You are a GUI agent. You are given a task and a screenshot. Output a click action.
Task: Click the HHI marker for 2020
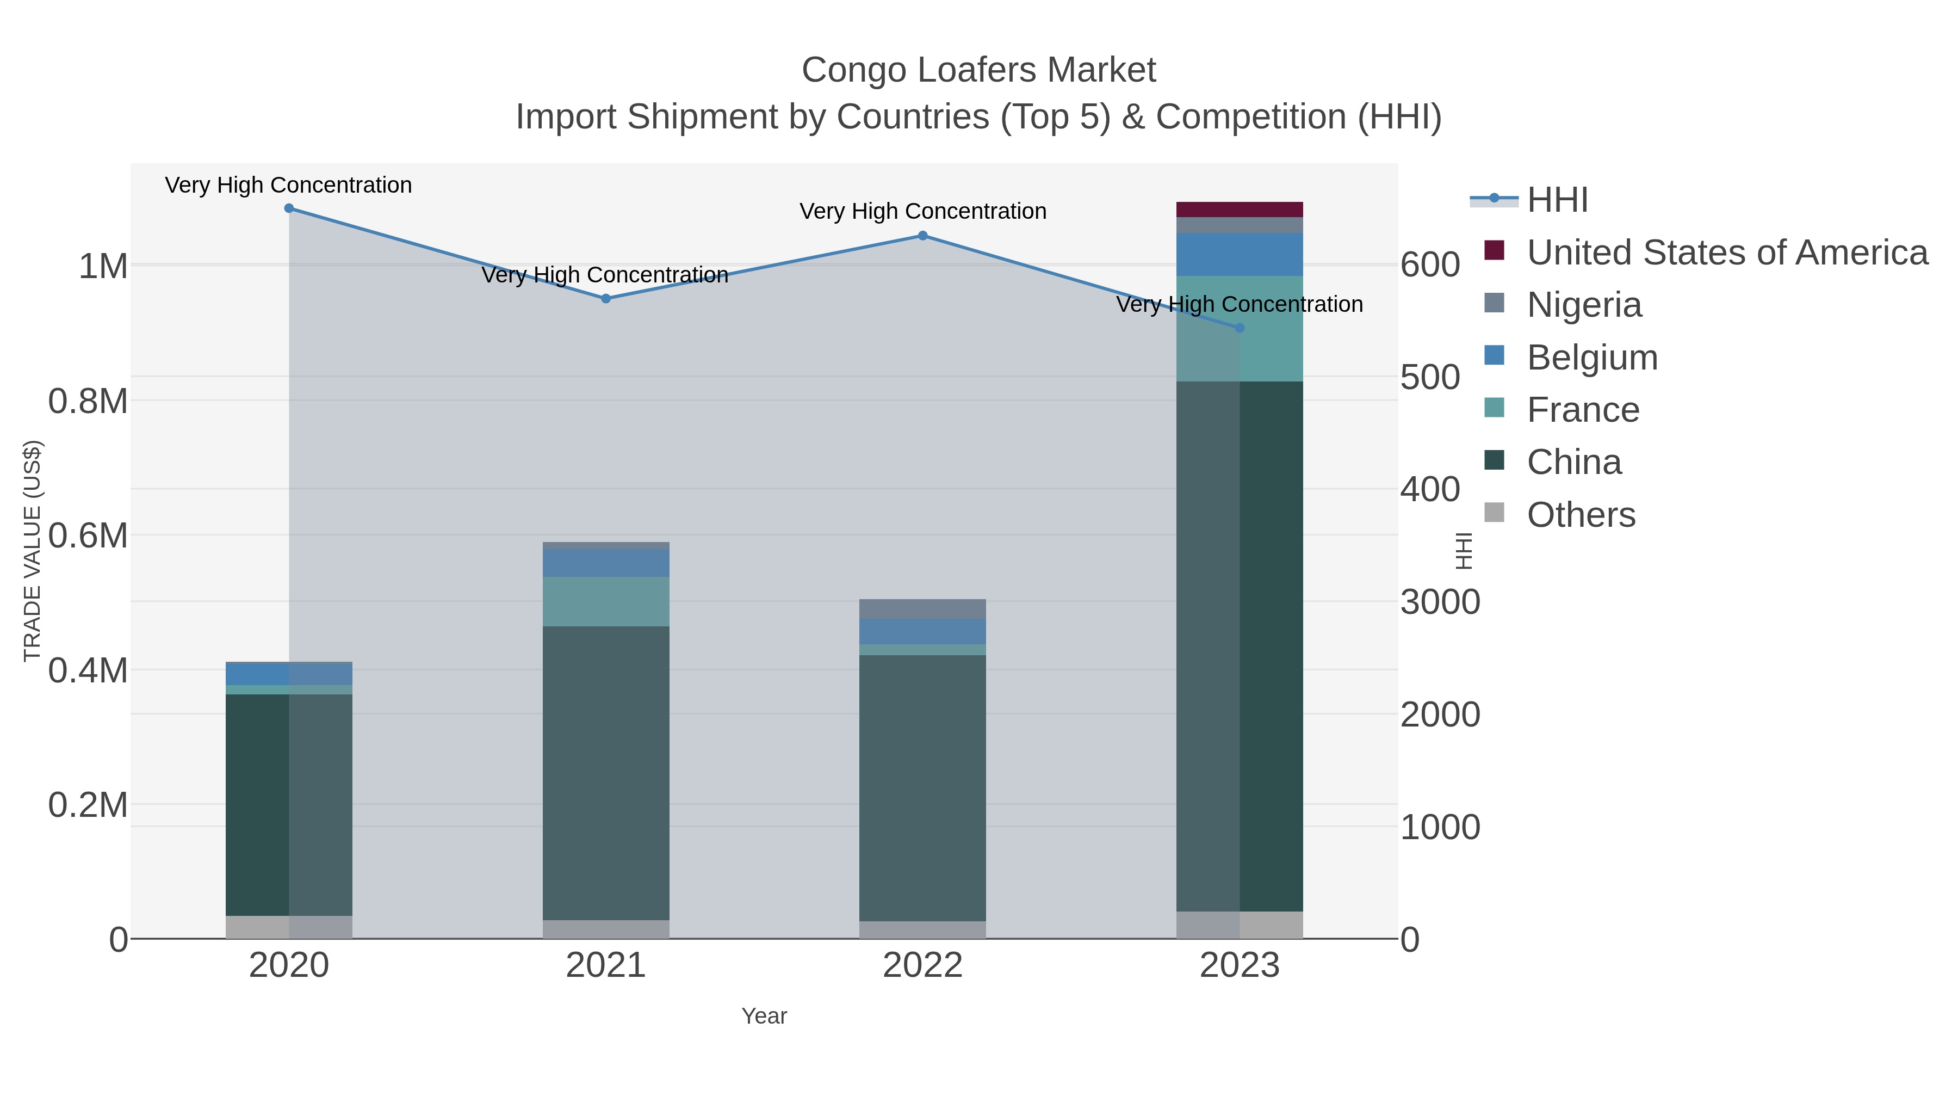tap(289, 208)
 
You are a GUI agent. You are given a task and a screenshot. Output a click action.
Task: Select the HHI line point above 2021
tap(606, 299)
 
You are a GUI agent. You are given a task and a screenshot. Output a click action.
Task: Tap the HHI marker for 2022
tap(923, 236)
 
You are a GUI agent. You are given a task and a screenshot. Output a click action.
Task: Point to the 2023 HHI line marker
tap(1240, 328)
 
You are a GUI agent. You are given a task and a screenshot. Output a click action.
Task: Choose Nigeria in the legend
tap(1584, 305)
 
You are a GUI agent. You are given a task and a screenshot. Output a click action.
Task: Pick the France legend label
tap(1583, 410)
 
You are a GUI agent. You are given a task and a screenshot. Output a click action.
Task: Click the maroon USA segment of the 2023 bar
tap(1240, 210)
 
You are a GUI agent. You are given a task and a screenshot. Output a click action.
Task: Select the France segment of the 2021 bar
tap(606, 601)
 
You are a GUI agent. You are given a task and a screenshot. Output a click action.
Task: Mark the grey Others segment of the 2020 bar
tap(289, 927)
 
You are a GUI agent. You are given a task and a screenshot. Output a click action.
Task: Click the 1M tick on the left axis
tap(103, 266)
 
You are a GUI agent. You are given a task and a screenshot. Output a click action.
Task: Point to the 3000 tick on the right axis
tap(1440, 602)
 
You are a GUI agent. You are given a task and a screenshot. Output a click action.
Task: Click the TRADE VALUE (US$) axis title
tap(32, 551)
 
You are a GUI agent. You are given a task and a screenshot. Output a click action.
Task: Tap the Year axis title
tap(764, 1016)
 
